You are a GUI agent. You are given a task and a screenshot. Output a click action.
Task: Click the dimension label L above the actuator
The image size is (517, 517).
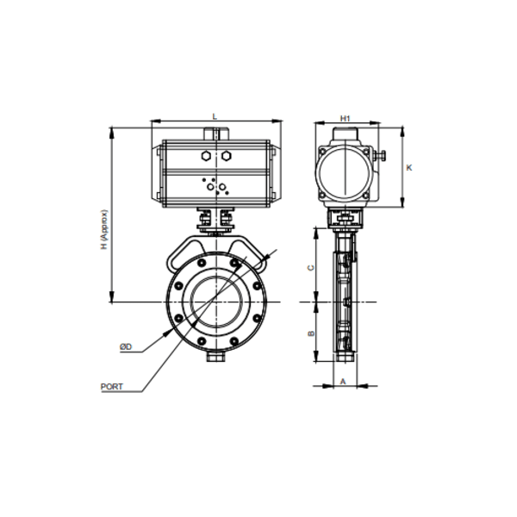(215, 116)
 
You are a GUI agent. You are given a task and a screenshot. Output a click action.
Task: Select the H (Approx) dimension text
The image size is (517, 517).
(103, 229)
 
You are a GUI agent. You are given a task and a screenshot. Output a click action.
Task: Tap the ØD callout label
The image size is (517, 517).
(125, 346)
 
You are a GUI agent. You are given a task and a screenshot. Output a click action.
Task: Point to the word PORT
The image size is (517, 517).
(112, 387)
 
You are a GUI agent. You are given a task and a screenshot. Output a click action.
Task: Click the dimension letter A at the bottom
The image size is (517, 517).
(342, 380)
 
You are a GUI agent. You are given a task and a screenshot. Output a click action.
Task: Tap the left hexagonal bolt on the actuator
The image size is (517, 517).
(205, 156)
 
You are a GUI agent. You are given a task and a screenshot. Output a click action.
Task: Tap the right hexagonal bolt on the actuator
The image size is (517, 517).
(227, 156)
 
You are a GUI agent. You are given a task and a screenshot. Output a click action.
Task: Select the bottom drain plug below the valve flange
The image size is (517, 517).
(215, 356)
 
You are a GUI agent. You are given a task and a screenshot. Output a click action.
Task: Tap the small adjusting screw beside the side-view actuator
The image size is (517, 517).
(379, 156)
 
